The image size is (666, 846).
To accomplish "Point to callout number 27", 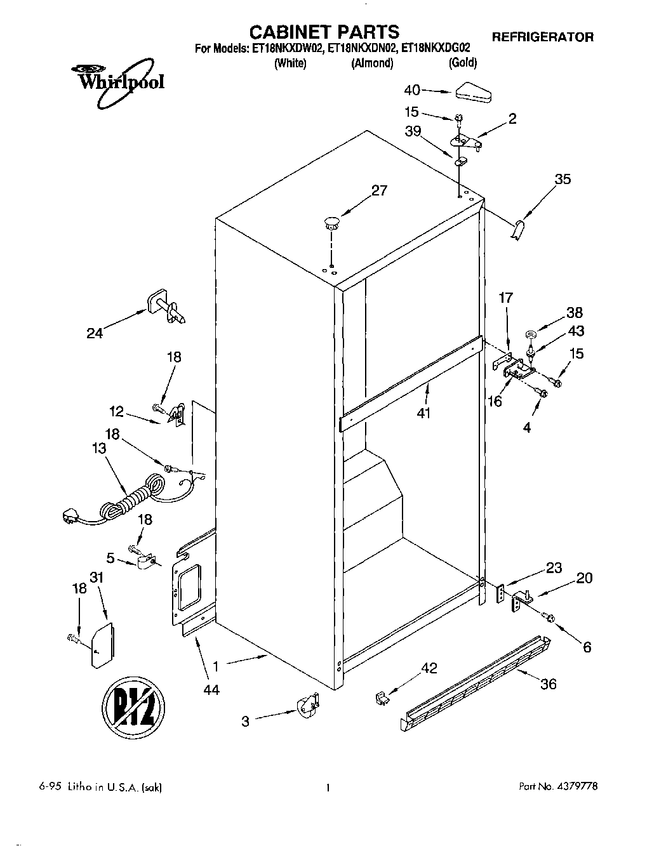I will coord(378,190).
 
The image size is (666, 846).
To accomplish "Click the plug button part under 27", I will coord(331,222).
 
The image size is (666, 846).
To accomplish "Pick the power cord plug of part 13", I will coord(71,516).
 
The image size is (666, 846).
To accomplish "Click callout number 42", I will coord(429,668).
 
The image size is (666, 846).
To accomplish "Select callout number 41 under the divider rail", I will coord(423,413).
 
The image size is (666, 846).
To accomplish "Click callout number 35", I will coord(562,179).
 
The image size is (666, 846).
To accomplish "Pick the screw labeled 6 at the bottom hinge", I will coord(548,618).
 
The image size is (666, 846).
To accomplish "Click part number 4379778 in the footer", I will coord(575,786).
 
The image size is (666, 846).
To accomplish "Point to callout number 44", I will coord(211,689).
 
